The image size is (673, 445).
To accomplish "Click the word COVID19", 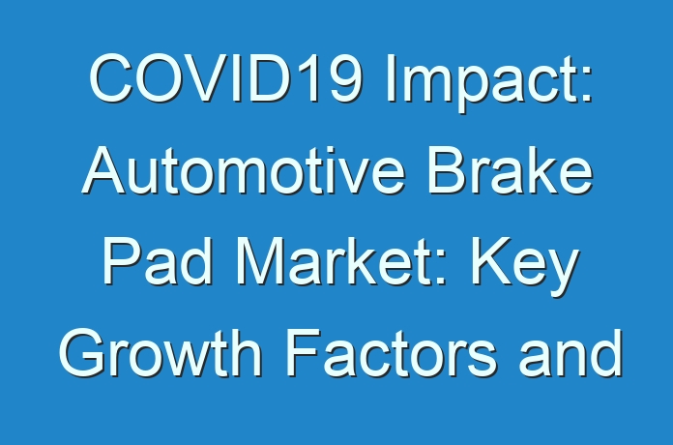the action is (x=225, y=77).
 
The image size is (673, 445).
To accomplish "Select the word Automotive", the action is (x=244, y=171).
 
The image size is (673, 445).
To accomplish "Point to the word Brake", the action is (x=511, y=170).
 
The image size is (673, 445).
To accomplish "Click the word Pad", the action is (x=157, y=262).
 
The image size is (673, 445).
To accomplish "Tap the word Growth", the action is (x=161, y=353).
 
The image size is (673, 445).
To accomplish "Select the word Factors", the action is (x=392, y=353).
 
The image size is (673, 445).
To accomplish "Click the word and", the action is (x=571, y=353).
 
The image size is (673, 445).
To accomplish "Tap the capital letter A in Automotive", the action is (x=103, y=171).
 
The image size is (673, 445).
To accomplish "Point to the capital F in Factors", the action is (x=304, y=353).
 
